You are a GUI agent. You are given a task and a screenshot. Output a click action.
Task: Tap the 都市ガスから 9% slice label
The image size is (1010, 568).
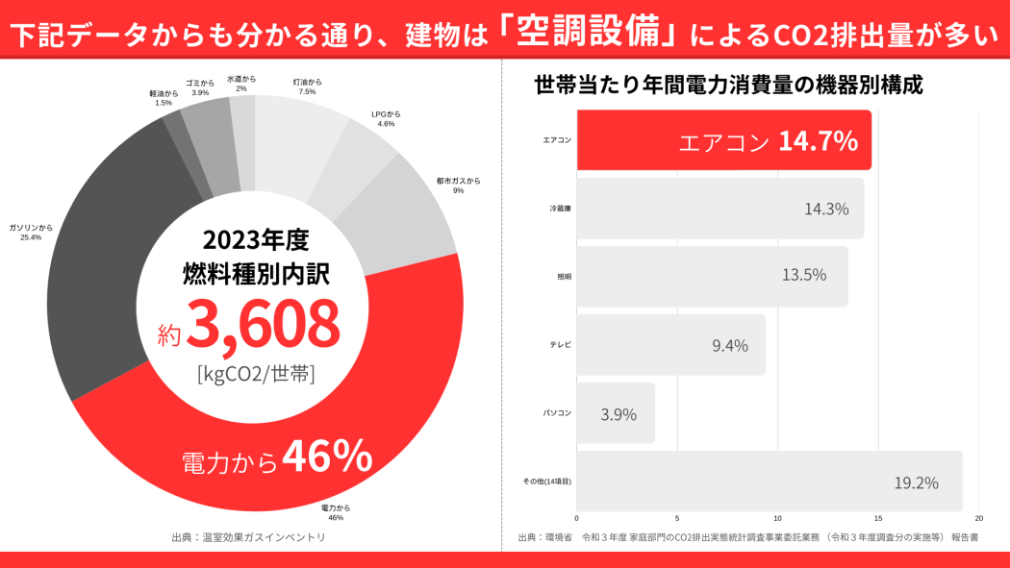458,185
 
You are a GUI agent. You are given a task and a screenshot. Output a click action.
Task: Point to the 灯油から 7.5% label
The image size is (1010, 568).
307,86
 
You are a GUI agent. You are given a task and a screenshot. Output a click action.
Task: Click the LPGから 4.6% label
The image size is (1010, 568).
386,119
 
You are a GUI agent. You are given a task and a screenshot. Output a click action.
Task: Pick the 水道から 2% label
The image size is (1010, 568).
241,84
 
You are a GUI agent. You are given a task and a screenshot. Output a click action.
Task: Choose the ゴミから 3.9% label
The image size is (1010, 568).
200,87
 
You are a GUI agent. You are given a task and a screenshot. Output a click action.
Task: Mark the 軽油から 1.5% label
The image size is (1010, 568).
164,98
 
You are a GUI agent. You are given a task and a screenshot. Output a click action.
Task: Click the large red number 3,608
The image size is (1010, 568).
262,324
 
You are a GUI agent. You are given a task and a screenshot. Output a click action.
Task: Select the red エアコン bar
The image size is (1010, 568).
723,140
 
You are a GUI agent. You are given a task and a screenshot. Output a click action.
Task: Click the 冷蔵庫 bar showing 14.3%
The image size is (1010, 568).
720,209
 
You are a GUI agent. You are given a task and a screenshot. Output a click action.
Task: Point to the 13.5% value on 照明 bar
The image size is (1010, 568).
804,276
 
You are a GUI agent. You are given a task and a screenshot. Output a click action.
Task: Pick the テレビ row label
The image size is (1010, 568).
560,344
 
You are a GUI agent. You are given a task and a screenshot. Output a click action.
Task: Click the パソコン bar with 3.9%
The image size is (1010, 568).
617,413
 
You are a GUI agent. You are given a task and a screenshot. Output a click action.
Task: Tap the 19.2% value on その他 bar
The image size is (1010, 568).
916,482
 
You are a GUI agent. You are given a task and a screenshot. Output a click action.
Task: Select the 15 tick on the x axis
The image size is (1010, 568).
878,519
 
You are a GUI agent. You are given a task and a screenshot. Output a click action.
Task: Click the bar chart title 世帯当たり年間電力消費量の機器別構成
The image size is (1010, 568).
729,85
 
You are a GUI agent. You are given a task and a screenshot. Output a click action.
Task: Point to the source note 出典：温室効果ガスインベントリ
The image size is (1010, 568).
248,537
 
